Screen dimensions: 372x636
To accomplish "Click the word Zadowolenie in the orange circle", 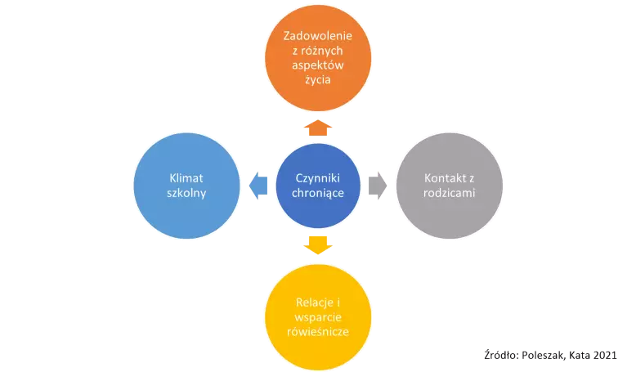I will [x=317, y=36].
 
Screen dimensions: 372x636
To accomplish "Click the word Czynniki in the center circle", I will [x=317, y=178].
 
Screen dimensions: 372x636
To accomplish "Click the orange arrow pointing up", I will [x=317, y=127].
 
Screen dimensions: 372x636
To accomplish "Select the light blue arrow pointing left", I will [x=257, y=186].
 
